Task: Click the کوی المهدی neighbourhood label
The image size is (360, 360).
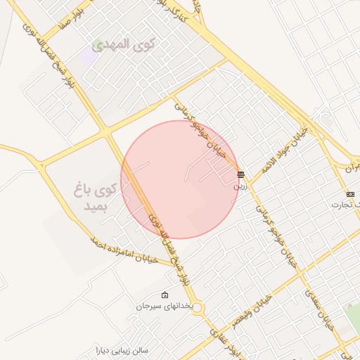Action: click(124, 44)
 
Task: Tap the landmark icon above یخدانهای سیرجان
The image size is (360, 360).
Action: click(165, 295)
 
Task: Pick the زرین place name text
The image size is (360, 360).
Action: click(240, 187)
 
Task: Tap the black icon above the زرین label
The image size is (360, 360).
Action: click(240, 174)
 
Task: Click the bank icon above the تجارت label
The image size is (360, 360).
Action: click(350, 194)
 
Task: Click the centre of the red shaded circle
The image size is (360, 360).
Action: click(180, 179)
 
